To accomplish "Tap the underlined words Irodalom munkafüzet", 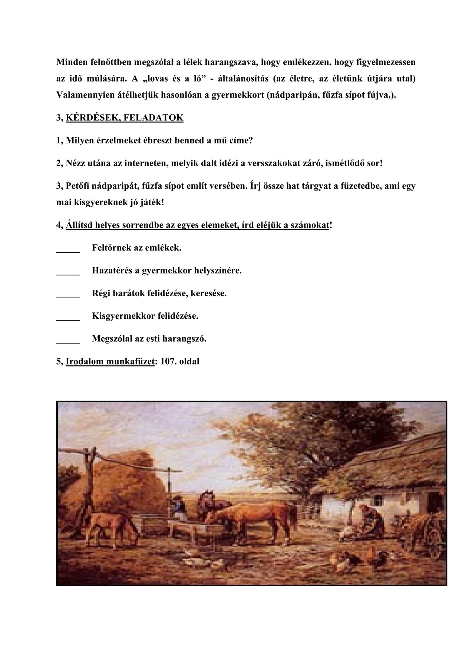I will (110, 361).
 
